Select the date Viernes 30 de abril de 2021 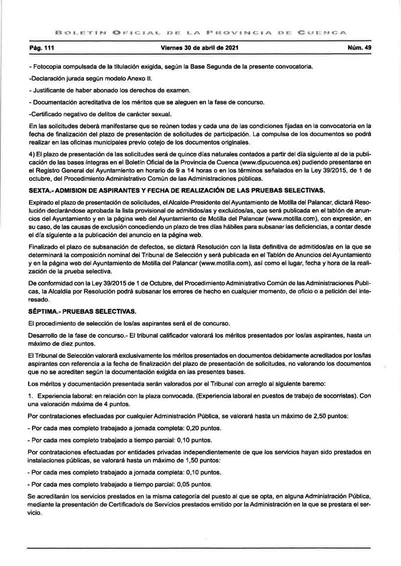tap(199, 48)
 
